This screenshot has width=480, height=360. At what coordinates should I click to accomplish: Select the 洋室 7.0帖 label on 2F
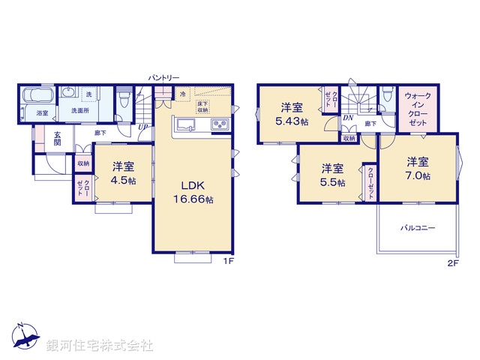coord(418,168)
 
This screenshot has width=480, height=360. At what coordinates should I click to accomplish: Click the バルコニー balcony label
coord(417,226)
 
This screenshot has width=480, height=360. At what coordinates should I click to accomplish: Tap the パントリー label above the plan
coord(163,77)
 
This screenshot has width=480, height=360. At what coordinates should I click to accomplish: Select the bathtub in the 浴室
coord(35,97)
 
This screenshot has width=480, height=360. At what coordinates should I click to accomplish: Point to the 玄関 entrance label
coord(56,139)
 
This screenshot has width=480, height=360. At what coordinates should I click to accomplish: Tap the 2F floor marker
coord(452,262)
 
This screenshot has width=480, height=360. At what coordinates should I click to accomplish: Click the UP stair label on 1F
coord(143,127)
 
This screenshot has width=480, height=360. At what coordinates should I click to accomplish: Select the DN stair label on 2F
coord(348,118)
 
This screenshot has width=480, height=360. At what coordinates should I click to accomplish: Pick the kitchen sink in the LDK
coord(186,124)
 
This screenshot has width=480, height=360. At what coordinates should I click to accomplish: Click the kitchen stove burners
coord(220,124)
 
